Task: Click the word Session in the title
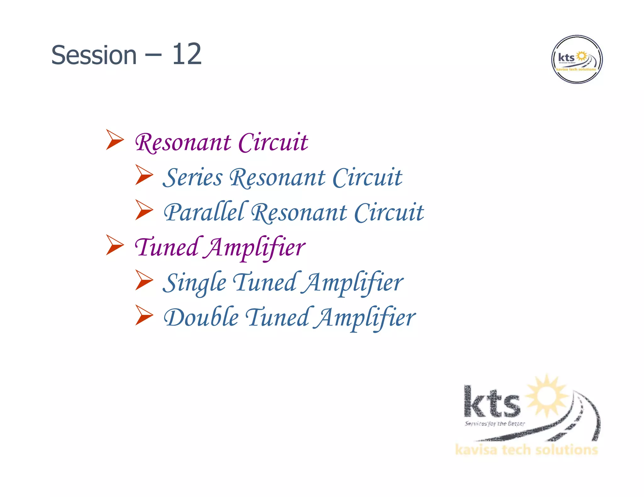(94, 55)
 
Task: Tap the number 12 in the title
(186, 54)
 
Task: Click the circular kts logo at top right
(577, 59)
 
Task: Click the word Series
(192, 177)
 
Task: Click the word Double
(201, 317)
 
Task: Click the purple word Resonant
(183, 143)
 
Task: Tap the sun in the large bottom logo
(547, 396)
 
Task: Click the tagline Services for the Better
(495, 424)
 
